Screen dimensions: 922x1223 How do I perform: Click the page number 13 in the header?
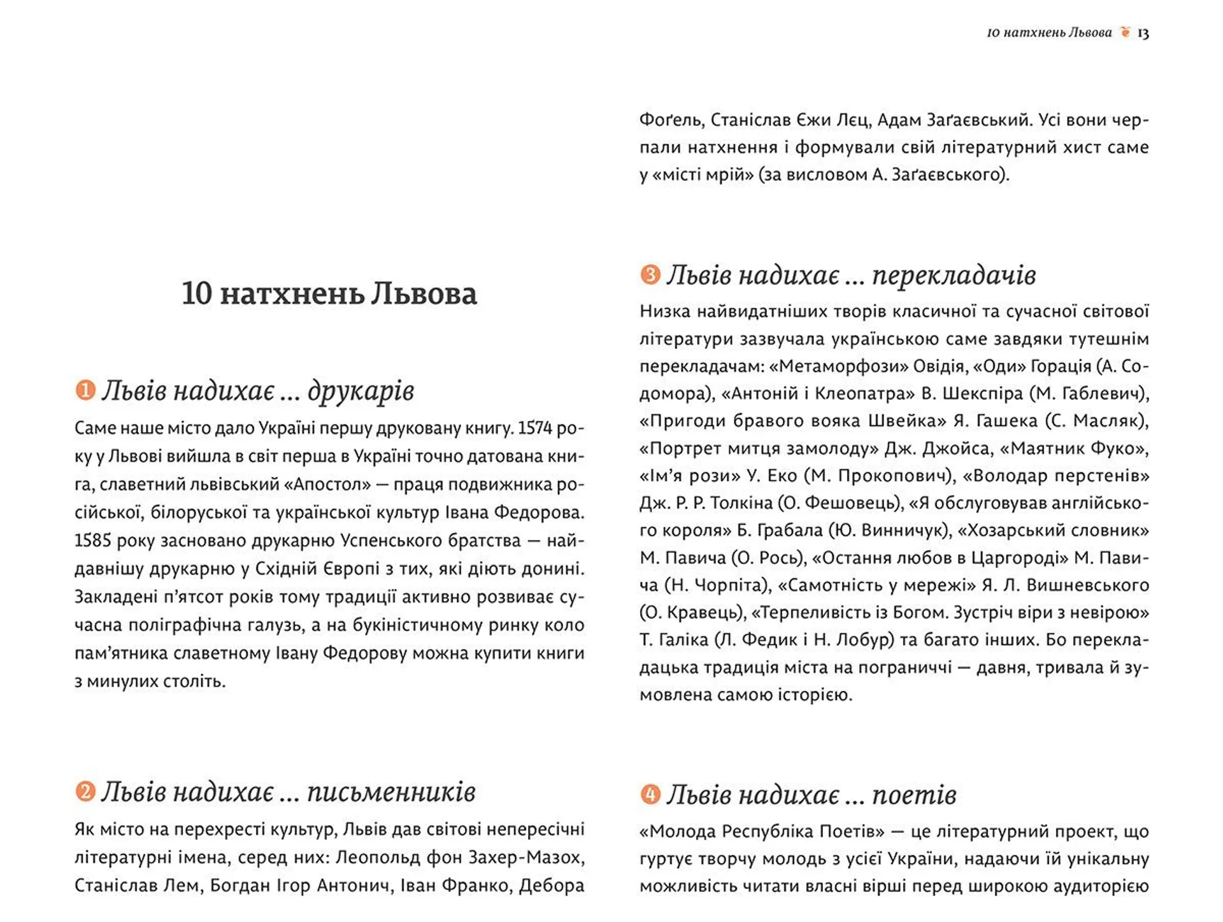point(1143,33)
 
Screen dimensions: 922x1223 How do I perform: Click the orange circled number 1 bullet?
point(85,390)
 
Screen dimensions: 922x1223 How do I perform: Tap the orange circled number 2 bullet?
point(85,791)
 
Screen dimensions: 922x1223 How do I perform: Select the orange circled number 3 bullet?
point(650,274)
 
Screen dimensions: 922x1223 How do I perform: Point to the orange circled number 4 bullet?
point(650,794)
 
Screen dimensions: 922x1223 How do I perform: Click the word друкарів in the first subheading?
point(361,391)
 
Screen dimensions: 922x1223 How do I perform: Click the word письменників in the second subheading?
point(391,792)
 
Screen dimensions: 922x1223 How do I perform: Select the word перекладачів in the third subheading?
point(953,276)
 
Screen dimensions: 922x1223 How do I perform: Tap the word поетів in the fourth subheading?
point(913,795)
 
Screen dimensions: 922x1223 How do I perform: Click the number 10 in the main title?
point(196,294)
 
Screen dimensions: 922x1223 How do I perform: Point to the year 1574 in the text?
point(534,429)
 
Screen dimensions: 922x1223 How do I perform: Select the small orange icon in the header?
point(1126,32)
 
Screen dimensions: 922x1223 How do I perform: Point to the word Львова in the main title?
point(424,294)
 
